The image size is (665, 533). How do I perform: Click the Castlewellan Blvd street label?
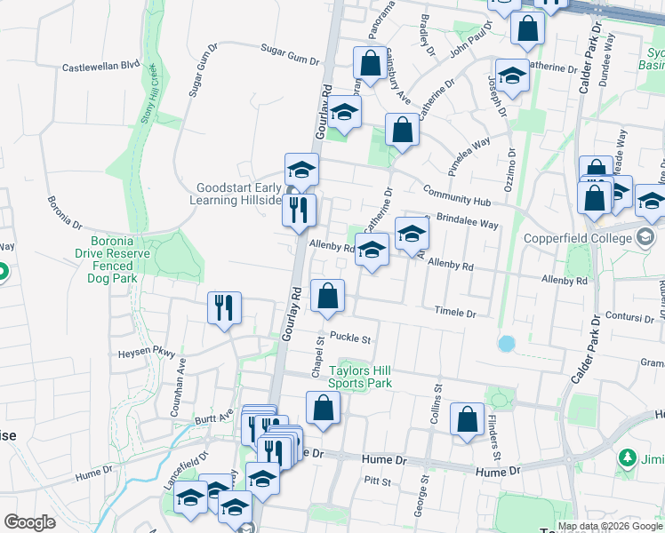tap(101, 66)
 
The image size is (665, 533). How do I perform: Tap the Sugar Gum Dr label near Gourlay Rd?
tap(289, 56)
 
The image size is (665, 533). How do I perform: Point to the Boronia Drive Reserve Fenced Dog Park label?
tap(124, 259)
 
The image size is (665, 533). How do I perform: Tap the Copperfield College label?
tap(602, 238)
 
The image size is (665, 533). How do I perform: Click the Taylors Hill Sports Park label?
tap(360, 377)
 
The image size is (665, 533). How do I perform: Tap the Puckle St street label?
tap(349, 338)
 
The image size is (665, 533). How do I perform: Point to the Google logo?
tap(29, 522)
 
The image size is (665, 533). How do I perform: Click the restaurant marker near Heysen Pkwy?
tap(223, 308)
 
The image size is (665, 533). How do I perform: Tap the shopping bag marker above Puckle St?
tap(327, 295)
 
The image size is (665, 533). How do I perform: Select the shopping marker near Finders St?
tap(467, 418)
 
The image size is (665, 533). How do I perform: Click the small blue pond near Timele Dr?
tap(507, 343)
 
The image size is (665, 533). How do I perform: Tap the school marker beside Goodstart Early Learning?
tap(301, 169)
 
